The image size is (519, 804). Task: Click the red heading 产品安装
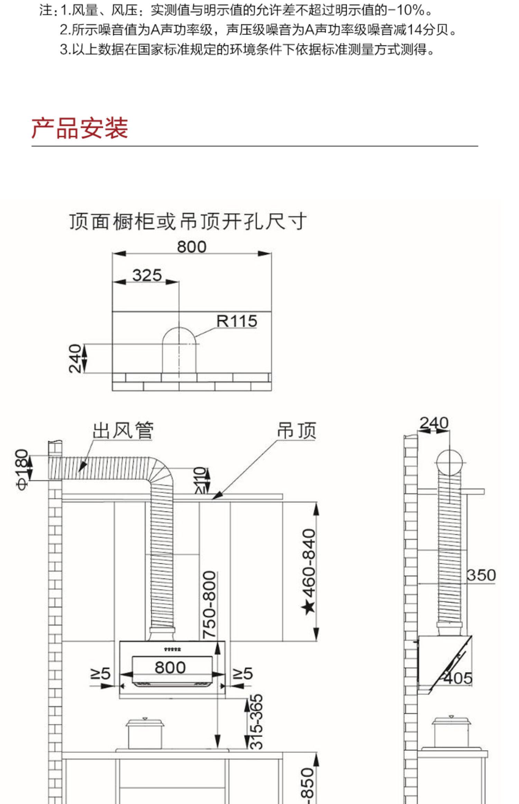click(x=80, y=128)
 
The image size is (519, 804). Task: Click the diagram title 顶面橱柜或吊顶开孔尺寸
click(x=188, y=221)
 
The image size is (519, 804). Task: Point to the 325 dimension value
click(x=147, y=275)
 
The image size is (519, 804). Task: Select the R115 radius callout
click(x=237, y=321)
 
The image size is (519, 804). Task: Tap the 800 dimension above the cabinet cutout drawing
click(x=192, y=247)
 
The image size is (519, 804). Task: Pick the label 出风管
click(x=123, y=430)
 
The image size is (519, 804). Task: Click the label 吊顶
click(x=297, y=430)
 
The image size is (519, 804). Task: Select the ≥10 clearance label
click(x=201, y=480)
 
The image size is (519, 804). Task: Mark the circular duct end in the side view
click(x=449, y=463)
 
